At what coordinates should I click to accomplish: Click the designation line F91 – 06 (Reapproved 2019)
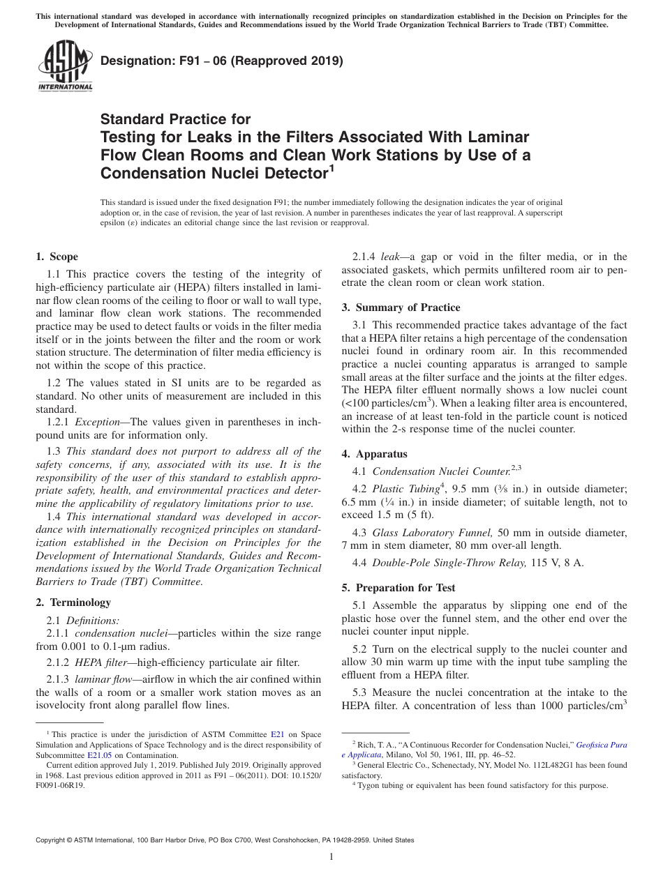tap(222, 61)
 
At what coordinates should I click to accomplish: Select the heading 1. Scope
tap(57, 257)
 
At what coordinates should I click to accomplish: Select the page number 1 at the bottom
tap(331, 858)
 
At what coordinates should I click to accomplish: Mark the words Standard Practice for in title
tap(175, 119)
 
